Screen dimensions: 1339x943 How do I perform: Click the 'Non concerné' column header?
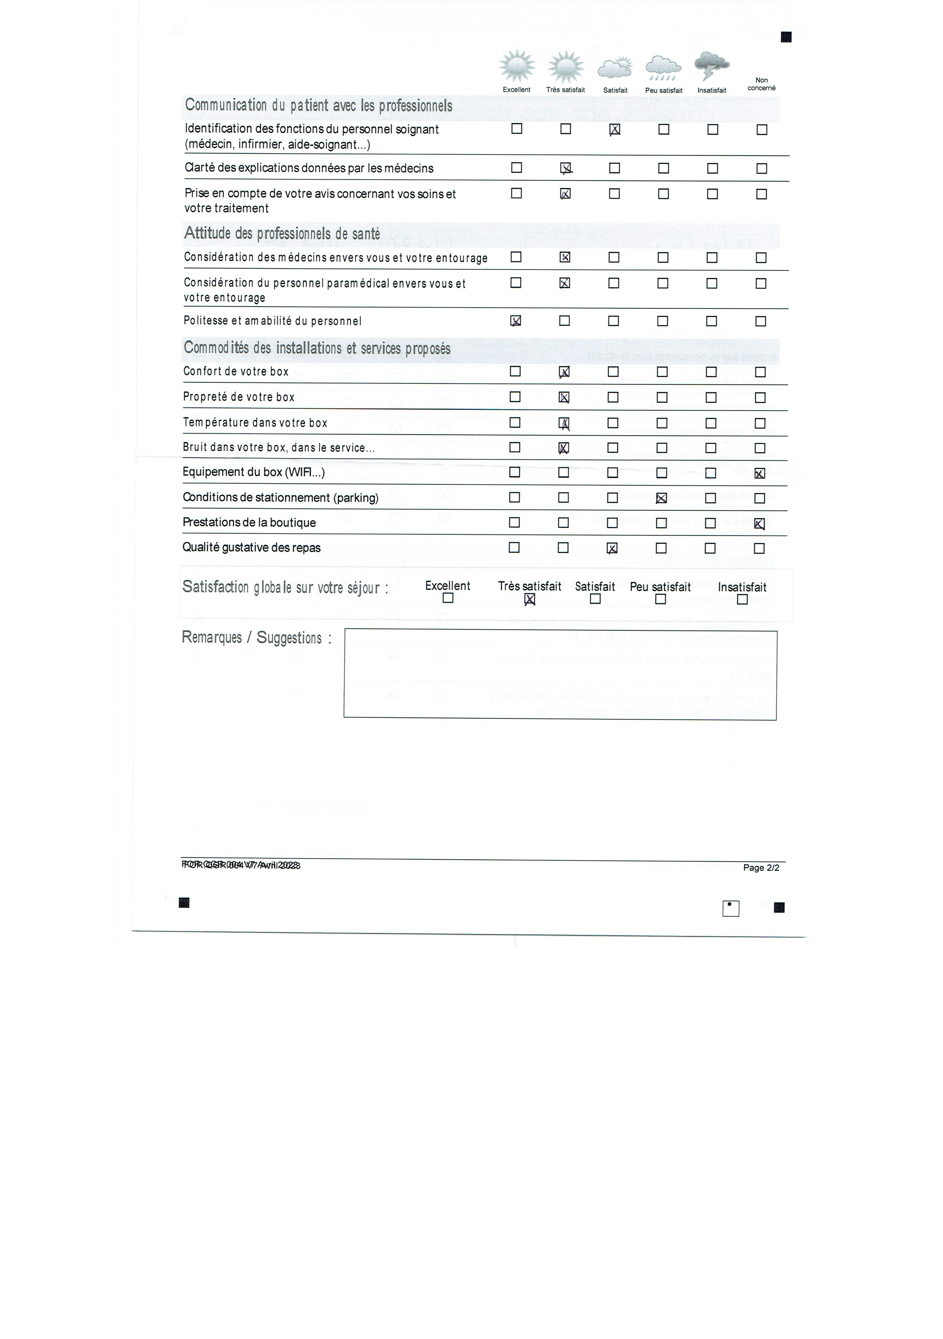(761, 84)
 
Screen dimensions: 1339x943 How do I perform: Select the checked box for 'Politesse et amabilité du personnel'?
(516, 321)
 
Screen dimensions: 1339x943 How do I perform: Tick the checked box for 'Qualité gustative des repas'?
(612, 548)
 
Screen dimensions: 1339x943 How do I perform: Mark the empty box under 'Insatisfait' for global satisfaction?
(742, 600)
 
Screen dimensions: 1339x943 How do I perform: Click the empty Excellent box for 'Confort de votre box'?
(515, 371)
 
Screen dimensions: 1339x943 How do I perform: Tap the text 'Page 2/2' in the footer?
(760, 868)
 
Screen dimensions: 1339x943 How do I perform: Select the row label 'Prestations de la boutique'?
(249, 522)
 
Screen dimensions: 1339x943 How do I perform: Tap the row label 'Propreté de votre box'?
(238, 397)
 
